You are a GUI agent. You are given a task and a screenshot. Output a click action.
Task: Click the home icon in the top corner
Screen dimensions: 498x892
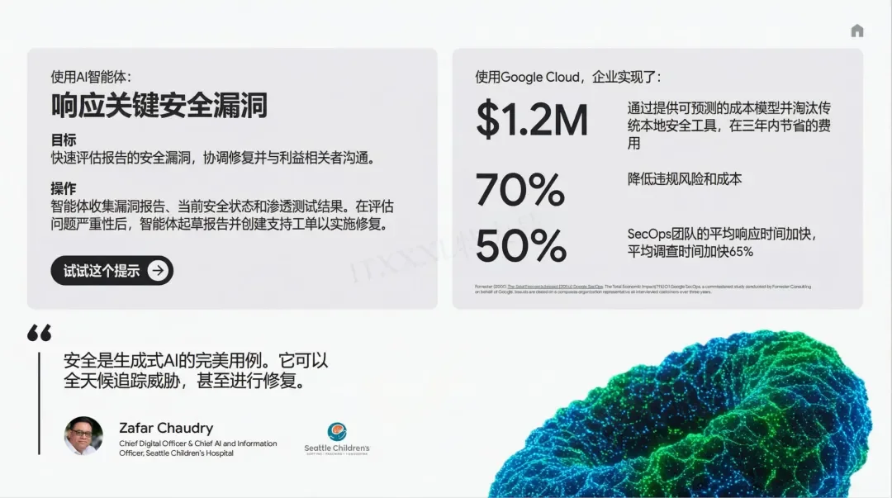click(x=856, y=31)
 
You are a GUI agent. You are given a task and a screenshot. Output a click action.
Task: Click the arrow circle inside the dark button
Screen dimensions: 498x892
click(x=158, y=270)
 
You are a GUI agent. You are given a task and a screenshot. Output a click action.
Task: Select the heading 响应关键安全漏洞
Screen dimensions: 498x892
click(x=159, y=105)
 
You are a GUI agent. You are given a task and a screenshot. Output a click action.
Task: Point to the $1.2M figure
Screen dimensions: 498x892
click(x=532, y=120)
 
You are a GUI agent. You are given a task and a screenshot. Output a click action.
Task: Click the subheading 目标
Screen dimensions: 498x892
click(x=64, y=140)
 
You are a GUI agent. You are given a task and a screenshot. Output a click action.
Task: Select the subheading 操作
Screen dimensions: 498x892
click(x=64, y=187)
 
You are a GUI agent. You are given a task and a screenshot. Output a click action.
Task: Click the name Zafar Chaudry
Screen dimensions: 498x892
click(x=166, y=428)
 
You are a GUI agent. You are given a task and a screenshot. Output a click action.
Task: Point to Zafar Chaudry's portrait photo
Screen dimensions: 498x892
click(x=83, y=435)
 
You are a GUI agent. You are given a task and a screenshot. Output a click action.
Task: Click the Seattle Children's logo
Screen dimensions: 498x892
click(x=337, y=438)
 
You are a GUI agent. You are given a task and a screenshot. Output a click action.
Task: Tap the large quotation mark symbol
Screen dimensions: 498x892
click(x=39, y=333)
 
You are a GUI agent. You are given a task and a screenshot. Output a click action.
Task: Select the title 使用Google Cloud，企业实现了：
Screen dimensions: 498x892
click(x=568, y=77)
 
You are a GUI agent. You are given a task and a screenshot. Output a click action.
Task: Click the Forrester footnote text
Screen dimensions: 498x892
click(x=643, y=289)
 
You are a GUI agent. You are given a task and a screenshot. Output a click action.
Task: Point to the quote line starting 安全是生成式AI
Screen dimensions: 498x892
click(x=196, y=361)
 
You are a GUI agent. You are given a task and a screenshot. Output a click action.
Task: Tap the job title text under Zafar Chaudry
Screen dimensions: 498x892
click(x=197, y=448)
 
